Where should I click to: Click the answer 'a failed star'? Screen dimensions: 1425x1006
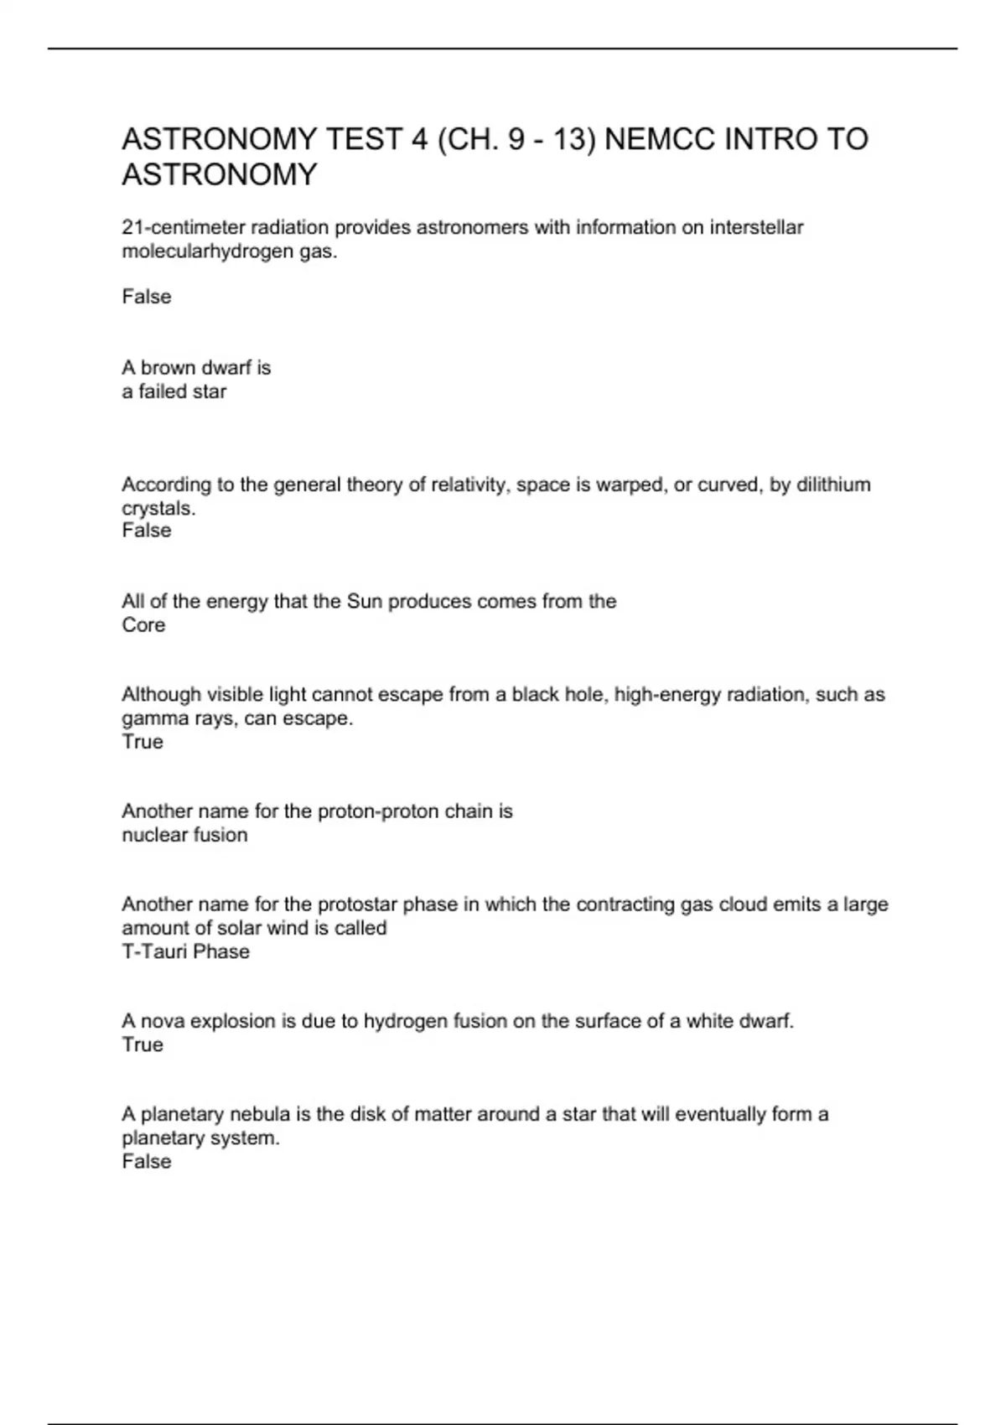click(x=174, y=391)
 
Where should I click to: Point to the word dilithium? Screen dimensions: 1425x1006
click(x=833, y=484)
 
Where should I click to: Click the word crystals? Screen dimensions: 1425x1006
click(x=158, y=508)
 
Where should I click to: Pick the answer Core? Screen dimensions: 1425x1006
click(x=143, y=624)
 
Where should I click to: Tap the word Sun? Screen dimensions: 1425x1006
click(x=365, y=601)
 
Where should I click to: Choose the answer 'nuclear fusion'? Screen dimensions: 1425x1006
click(x=184, y=835)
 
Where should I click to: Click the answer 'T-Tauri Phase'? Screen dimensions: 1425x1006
click(x=185, y=951)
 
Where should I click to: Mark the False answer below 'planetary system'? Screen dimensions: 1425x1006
click(x=147, y=1161)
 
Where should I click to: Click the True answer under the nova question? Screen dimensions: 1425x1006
click(x=143, y=1044)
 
